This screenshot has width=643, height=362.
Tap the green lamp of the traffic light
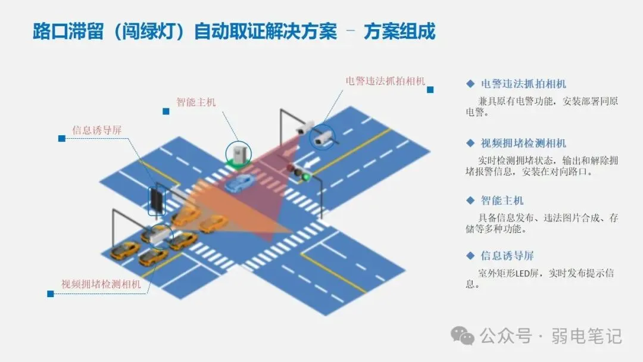coord(306,176)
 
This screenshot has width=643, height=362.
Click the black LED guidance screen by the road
coord(157,199)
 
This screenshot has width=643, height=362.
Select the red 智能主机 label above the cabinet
coord(196,102)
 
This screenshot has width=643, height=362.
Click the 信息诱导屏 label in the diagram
coord(97,130)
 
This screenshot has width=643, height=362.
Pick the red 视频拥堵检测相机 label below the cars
coord(101,284)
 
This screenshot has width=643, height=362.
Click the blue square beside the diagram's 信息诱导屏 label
coord(61,138)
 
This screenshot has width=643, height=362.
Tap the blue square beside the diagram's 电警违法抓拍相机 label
coord(430,89)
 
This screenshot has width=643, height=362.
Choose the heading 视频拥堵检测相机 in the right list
coord(523,143)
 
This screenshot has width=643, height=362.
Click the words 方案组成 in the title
coord(399,32)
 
